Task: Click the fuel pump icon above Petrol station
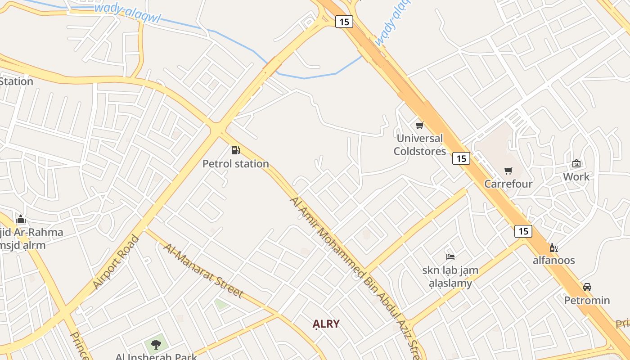point(235,150)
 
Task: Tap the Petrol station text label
point(235,164)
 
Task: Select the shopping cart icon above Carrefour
point(508,171)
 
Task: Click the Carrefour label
point(508,184)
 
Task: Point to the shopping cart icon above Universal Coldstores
point(420,125)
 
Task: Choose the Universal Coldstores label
point(420,144)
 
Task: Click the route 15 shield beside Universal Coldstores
point(461,158)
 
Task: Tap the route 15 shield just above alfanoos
point(523,231)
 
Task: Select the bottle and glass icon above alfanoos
point(553,247)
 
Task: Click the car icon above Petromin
point(587,287)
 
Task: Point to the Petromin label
point(587,300)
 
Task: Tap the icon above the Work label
point(576,164)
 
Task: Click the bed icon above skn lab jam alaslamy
point(450,257)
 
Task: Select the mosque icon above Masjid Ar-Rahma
point(21,220)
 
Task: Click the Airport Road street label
point(116,262)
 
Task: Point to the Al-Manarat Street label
point(203,270)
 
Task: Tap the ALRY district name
point(326,324)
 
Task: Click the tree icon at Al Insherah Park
point(156,345)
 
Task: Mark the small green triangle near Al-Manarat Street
point(220,304)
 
